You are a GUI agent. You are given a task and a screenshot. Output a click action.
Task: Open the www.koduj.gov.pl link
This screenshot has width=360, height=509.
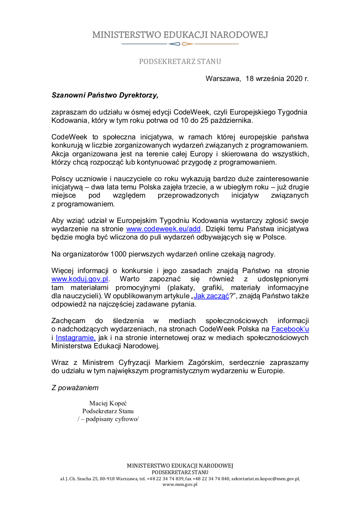click(x=80, y=279)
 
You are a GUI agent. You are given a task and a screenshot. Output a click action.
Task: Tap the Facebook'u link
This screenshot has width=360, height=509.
click(x=290, y=329)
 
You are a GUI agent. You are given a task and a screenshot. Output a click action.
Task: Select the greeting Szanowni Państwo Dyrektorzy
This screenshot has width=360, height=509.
click(x=104, y=94)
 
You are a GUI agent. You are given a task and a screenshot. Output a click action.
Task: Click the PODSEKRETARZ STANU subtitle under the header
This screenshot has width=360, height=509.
click(x=180, y=61)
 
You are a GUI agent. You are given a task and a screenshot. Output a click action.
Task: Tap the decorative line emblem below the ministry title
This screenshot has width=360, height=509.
click(x=180, y=44)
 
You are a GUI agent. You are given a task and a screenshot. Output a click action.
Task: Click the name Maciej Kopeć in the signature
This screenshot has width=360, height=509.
click(x=108, y=403)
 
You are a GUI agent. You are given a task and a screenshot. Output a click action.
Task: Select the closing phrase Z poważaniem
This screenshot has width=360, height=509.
click(x=75, y=388)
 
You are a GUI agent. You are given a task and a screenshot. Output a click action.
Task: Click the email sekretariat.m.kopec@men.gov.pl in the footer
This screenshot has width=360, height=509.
click(x=265, y=479)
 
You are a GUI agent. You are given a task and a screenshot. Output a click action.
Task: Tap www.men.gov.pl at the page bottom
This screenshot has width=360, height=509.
click(x=180, y=484)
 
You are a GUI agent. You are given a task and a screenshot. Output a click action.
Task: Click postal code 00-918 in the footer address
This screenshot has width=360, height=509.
click(x=102, y=479)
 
